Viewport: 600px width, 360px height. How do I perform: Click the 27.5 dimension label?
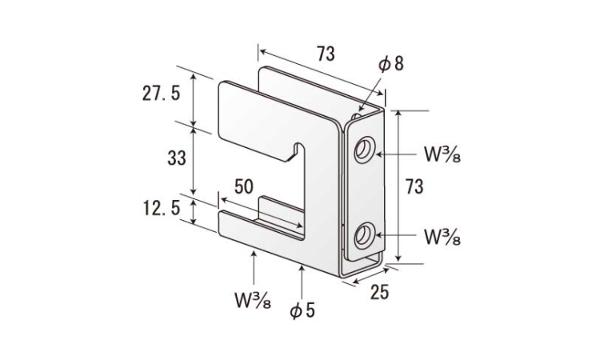tap(161, 93)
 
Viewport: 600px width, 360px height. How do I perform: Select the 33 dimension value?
tap(177, 158)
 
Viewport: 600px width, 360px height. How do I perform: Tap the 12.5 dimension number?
tap(161, 209)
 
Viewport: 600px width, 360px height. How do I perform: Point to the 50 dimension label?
tap(244, 186)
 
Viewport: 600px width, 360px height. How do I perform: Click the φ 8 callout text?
tap(391, 63)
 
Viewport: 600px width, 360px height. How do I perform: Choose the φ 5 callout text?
tap(302, 310)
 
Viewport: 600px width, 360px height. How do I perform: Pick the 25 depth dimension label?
tap(379, 292)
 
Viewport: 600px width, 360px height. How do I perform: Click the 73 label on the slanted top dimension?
tap(326, 54)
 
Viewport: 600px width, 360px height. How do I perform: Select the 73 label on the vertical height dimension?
tap(414, 186)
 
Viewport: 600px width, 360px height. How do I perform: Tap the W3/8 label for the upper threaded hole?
tap(442, 154)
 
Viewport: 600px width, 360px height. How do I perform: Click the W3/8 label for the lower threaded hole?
tap(442, 237)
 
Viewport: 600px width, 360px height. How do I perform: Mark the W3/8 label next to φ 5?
tap(254, 300)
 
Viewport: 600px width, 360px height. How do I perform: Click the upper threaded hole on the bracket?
tap(364, 150)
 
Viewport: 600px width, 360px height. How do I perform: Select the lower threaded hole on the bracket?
tap(364, 235)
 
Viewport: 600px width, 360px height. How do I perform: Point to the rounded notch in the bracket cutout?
tap(299, 148)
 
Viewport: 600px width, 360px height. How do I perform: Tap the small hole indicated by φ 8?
tap(357, 115)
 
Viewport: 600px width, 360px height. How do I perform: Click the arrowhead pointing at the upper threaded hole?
tap(378, 154)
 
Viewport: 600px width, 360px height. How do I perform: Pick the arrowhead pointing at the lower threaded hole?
tap(378, 234)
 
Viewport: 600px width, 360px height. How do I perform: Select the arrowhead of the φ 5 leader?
tap(302, 268)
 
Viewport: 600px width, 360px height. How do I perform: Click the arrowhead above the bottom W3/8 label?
tap(254, 254)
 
